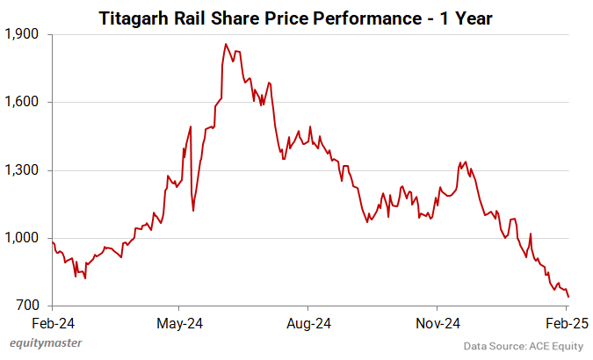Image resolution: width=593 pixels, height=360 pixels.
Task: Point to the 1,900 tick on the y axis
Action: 24,34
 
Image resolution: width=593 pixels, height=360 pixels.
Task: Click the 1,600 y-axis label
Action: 24,102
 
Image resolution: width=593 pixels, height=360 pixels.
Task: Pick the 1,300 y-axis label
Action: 24,170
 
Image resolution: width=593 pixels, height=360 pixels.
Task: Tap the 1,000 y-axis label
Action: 24,238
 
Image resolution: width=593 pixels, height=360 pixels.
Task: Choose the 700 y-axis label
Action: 29,306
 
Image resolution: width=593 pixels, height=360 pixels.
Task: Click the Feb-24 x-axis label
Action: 53,322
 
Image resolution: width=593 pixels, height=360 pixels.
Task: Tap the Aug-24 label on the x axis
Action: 308,322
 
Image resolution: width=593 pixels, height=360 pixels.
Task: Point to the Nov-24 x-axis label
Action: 438,322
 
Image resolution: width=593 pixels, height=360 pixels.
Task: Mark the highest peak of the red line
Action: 226,44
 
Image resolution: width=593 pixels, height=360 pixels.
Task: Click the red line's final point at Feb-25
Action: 568,297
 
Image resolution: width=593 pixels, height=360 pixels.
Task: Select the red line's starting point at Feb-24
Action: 53,242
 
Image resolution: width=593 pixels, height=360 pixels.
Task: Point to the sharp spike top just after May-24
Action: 190,126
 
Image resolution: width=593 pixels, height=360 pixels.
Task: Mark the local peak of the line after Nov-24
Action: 464,162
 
